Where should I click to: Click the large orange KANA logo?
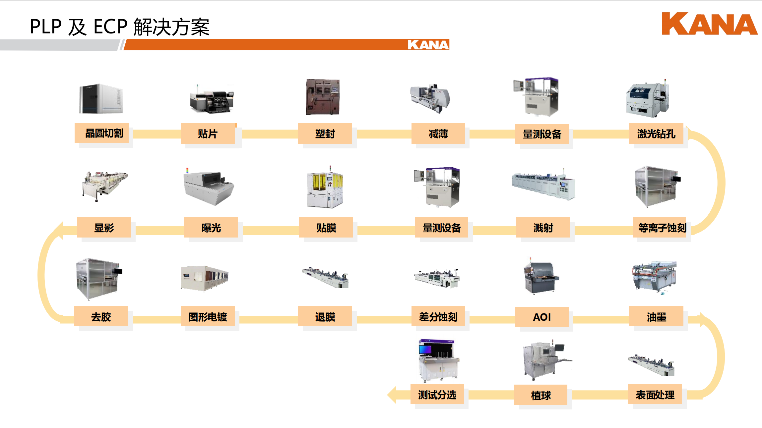[x=709, y=24]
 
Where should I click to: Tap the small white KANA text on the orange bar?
[x=428, y=45]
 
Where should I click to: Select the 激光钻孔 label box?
[x=656, y=134]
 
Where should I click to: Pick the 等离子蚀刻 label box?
[x=662, y=228]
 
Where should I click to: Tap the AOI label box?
[x=542, y=317]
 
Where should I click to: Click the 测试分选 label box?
[x=437, y=395]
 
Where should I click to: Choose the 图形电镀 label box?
[x=208, y=317]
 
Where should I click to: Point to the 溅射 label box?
[x=543, y=228]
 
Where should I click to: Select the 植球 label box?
[x=540, y=395]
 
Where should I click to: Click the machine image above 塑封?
[x=323, y=97]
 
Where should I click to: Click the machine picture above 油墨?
[x=654, y=277]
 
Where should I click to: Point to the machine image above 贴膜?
[x=325, y=187]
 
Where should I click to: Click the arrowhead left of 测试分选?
[x=392, y=395]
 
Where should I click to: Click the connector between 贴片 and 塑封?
[x=270, y=134]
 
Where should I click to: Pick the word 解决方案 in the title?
[x=171, y=27]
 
